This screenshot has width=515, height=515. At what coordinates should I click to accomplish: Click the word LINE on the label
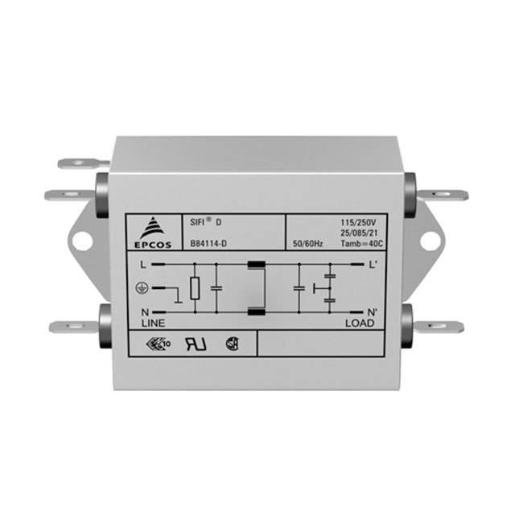[x=153, y=322]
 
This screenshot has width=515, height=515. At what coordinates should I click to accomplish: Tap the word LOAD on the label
[x=360, y=323]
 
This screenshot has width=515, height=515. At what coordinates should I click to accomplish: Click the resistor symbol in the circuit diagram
[x=195, y=288]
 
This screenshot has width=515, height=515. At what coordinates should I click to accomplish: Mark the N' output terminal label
[x=372, y=311]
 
